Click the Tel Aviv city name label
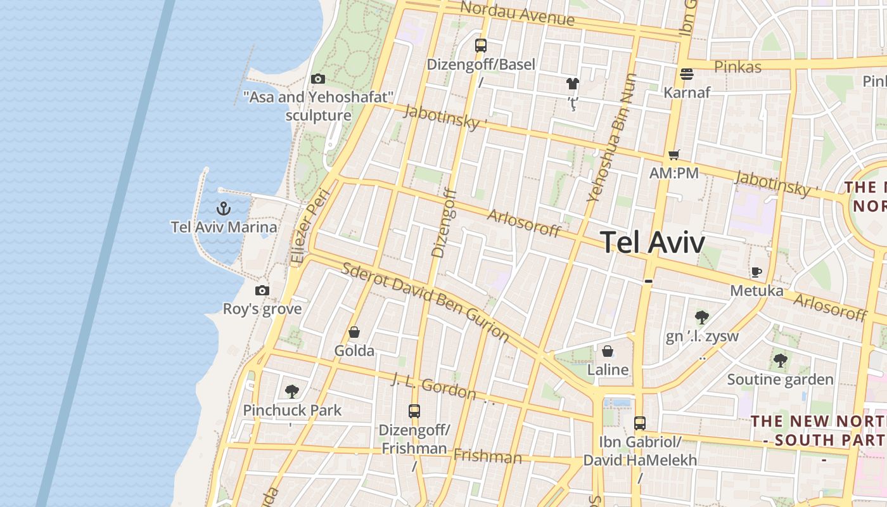pos(652,242)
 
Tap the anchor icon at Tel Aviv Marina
pos(223,208)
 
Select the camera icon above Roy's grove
pos(262,291)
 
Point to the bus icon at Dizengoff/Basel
pos(481,46)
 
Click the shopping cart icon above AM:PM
pos(673,155)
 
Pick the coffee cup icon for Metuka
pos(756,273)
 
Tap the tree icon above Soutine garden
pos(780,361)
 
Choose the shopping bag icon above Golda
pos(354,332)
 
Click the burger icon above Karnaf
pos(687,74)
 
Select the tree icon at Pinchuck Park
pos(292,391)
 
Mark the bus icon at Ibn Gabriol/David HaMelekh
pos(640,423)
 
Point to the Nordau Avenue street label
pos(518,14)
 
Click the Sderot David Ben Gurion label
pos(425,301)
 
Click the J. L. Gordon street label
pos(433,387)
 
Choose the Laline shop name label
pos(608,369)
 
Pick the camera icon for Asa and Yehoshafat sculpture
pos(318,79)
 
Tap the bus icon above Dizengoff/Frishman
pos(414,411)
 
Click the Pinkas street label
pos(737,67)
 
